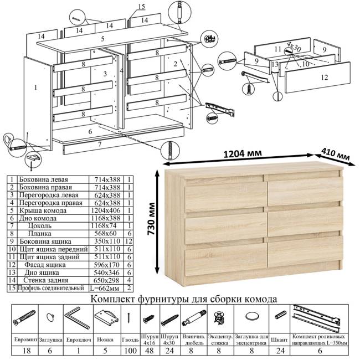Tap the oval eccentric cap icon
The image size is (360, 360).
pos(251,316)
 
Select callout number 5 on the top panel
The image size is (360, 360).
pos(102,39)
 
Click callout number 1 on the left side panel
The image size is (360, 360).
pos(35,87)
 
